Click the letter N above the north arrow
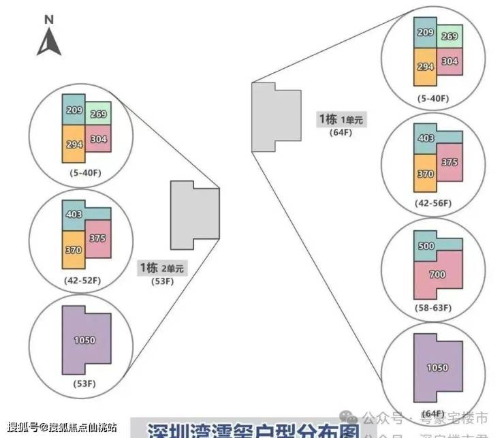[x=49, y=20]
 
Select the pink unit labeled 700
[x=438, y=275]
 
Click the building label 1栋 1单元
[x=341, y=120]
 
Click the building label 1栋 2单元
[x=161, y=268]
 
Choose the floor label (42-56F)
[x=433, y=203]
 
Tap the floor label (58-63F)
[x=433, y=308]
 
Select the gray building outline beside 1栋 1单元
[x=275, y=116]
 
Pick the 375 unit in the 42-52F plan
[x=97, y=238]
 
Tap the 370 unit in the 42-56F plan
[x=426, y=174]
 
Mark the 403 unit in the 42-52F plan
[x=74, y=214]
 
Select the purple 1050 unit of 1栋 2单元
[x=85, y=340]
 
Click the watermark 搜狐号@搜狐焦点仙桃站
[x=57, y=426]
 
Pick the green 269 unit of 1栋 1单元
[x=450, y=37]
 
